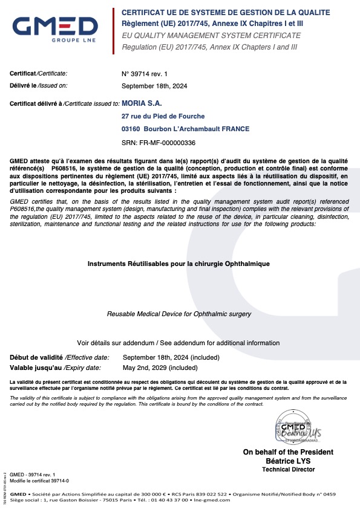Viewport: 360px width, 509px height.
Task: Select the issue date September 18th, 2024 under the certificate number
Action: [x=154, y=86]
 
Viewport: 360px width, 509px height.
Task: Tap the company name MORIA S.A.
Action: [x=142, y=104]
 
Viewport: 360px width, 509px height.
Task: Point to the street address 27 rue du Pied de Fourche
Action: [x=163, y=116]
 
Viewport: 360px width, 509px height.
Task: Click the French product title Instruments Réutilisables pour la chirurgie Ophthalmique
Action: [x=178, y=264]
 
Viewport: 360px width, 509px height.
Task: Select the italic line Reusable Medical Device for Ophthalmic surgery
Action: [x=178, y=314]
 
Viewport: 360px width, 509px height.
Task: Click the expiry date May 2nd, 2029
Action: [x=160, y=368]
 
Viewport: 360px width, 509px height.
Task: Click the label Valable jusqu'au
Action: [x=33, y=368]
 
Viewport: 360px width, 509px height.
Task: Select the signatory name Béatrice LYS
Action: [x=288, y=461]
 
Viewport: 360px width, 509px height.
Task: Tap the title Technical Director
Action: [x=288, y=469]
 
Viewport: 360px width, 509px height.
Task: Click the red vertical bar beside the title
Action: [x=113, y=31]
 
